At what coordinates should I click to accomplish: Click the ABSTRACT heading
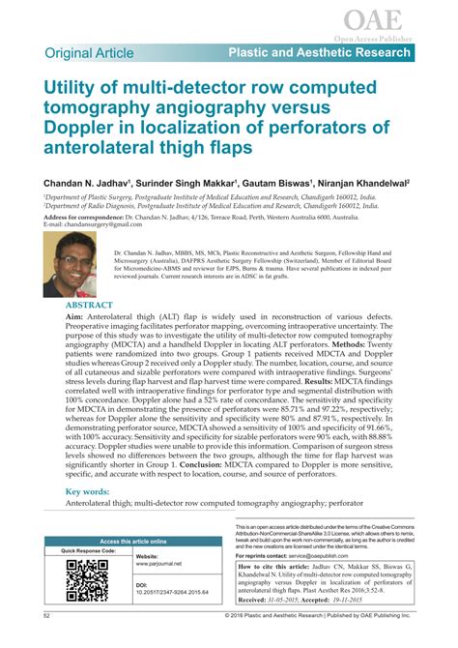point(91,305)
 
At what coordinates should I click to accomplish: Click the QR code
point(86,582)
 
